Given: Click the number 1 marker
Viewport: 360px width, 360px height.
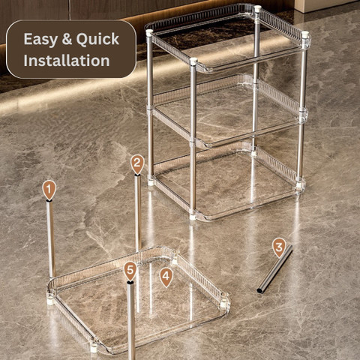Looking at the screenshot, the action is pyautogui.click(x=49, y=190).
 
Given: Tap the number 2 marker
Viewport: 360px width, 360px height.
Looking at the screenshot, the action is pyautogui.click(x=137, y=163).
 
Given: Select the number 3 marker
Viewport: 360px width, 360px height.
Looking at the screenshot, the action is pyautogui.click(x=279, y=247).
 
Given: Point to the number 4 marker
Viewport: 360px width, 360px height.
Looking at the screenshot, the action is pyautogui.click(x=166, y=277).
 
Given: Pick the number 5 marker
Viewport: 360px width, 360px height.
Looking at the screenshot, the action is pyautogui.click(x=130, y=271).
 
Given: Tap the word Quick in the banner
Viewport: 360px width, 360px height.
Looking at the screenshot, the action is pyautogui.click(x=97, y=39).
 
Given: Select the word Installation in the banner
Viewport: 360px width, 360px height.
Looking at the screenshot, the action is pyautogui.click(x=67, y=61).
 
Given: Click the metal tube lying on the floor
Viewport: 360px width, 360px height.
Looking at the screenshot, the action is pyautogui.click(x=275, y=269).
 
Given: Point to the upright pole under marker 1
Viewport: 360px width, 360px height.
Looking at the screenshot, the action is pyautogui.click(x=51, y=238).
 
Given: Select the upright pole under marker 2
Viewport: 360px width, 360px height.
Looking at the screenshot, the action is pyautogui.click(x=138, y=212).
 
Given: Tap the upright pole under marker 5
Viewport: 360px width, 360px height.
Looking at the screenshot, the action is pyautogui.click(x=131, y=320).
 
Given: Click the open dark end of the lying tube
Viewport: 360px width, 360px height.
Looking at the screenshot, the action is pyautogui.click(x=260, y=290).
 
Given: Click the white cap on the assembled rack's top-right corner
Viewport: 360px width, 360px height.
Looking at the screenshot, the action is pyautogui.click(x=304, y=34).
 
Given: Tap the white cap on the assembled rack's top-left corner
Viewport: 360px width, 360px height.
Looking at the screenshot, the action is pyautogui.click(x=149, y=33).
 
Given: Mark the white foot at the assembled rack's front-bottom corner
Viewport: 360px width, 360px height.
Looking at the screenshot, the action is pyautogui.click(x=193, y=217).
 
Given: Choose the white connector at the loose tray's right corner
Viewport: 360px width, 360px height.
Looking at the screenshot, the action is pyautogui.click(x=223, y=304).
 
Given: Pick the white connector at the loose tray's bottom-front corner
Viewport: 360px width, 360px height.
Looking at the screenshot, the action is pyautogui.click(x=94, y=348).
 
